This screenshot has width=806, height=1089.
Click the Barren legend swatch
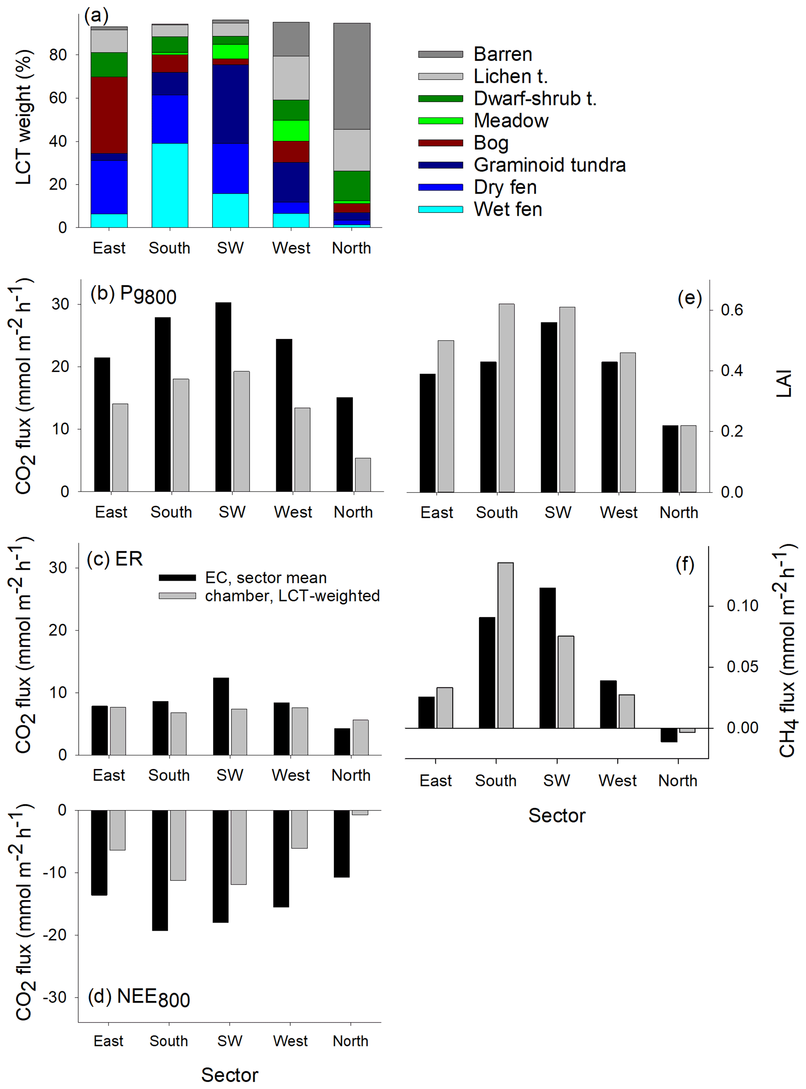click(440, 54)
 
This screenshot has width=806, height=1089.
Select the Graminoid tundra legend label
click(549, 165)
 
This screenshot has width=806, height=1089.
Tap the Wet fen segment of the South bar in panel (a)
click(170, 185)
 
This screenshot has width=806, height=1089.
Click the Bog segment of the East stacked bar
click(109, 115)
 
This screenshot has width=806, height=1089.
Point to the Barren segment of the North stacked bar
click(351, 76)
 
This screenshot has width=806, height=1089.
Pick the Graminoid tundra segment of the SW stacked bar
click(230, 104)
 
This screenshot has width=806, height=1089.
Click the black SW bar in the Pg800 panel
click(223, 397)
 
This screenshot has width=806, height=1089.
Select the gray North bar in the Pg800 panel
click(363, 474)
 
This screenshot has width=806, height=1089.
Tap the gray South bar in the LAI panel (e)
click(506, 397)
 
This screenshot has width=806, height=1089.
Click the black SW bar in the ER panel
click(221, 716)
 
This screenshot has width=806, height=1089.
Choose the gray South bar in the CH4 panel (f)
click(506, 645)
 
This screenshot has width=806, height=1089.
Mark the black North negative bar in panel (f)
click(669, 735)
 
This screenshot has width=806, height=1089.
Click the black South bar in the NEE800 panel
click(160, 870)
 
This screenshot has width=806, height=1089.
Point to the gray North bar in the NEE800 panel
click(360, 813)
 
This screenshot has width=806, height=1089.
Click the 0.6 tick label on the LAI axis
click(732, 310)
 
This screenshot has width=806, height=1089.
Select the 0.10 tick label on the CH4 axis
click(742, 606)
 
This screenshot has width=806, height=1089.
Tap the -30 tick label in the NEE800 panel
click(55, 997)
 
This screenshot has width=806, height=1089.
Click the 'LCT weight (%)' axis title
click(23, 117)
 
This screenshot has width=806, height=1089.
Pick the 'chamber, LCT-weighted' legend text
click(292, 596)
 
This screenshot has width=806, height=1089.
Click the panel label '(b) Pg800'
click(133, 295)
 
